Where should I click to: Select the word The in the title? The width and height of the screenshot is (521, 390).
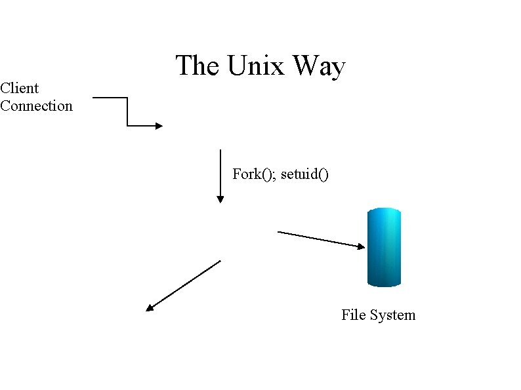(198, 66)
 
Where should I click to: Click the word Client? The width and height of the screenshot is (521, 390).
(20, 88)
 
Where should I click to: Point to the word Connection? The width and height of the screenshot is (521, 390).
(36, 106)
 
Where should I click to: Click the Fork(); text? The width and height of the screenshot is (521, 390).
(255, 174)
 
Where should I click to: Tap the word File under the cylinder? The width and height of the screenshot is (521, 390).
(353, 315)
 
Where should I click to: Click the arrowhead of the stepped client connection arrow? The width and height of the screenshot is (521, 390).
(158, 125)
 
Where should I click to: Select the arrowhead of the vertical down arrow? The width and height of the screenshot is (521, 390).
(220, 198)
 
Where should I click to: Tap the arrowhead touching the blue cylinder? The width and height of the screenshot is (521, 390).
(361, 246)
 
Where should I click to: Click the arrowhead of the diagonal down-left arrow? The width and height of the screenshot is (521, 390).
(150, 307)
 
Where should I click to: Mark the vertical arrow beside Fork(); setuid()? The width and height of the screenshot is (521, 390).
(220, 174)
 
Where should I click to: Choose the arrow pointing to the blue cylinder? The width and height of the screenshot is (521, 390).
(320, 239)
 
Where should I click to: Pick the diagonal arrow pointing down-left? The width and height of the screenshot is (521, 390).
(184, 284)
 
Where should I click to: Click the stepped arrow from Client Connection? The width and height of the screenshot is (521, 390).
(127, 111)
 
